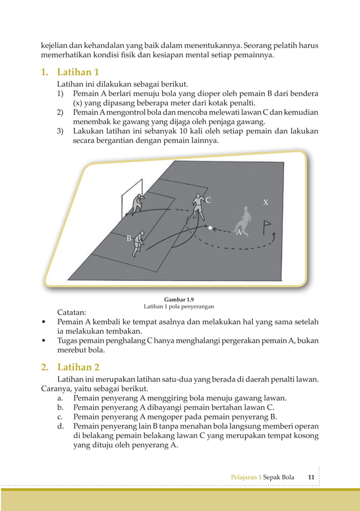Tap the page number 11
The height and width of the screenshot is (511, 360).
[311, 477]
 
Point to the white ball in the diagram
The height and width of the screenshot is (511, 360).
[210, 228]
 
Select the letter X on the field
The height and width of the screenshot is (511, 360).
[266, 202]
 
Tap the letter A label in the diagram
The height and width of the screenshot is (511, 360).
[238, 232]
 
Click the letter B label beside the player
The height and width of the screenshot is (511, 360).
[129, 239]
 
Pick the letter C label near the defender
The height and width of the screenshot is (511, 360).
[208, 200]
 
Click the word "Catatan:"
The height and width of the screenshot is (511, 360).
[72, 312]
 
